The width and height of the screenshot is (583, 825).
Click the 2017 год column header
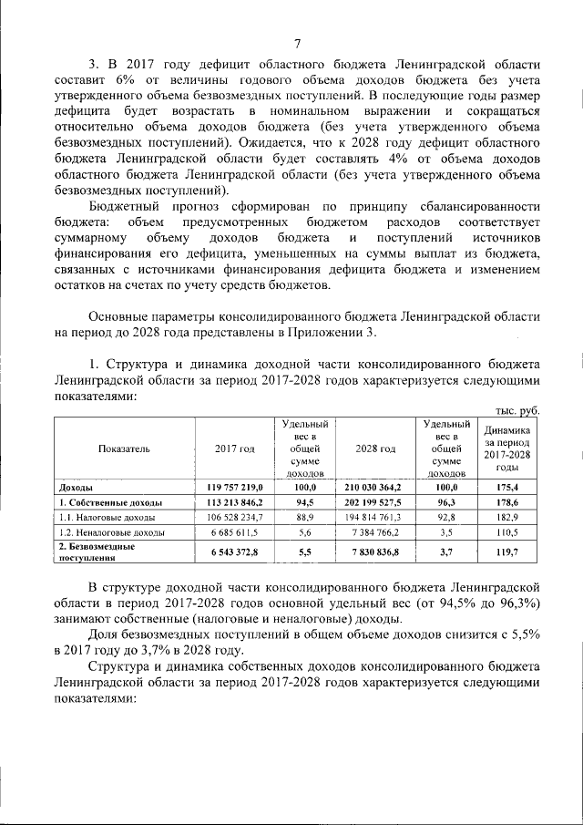[234, 449]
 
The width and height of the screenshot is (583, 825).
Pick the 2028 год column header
[375, 449]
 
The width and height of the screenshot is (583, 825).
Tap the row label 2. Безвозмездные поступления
[97, 551]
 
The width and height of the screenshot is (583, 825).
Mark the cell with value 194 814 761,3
[375, 517]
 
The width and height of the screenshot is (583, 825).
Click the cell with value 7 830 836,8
[375, 551]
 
